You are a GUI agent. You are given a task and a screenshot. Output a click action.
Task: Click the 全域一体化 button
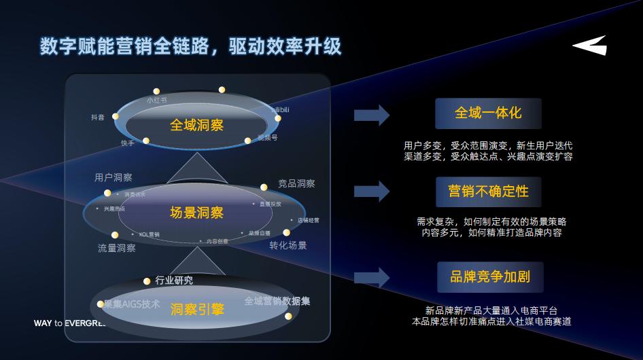(x=488, y=113)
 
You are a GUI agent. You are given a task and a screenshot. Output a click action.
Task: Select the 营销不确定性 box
(x=488, y=192)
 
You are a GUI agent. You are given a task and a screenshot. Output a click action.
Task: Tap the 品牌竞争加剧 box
(x=489, y=276)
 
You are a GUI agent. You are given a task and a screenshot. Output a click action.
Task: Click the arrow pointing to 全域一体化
(x=371, y=115)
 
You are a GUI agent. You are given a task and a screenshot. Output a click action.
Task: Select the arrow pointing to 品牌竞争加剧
(x=371, y=277)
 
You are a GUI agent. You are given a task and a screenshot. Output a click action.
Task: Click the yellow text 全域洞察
(x=196, y=125)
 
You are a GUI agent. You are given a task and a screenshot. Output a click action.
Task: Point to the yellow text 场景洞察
(x=196, y=213)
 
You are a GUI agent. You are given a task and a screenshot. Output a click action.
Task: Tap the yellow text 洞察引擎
(x=197, y=310)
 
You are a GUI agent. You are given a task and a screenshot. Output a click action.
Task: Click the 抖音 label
(x=98, y=118)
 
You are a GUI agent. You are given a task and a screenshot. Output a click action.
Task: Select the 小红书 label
(x=157, y=100)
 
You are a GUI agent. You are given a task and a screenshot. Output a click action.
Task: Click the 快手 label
(x=128, y=143)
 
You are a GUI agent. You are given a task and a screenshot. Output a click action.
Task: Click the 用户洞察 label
(x=114, y=178)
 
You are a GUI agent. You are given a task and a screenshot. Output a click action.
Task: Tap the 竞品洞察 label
(x=296, y=183)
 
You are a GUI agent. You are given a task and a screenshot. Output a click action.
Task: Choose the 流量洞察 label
(x=117, y=249)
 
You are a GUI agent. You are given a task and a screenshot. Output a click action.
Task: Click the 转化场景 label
(x=288, y=245)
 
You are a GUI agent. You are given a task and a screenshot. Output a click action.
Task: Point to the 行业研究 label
(x=174, y=280)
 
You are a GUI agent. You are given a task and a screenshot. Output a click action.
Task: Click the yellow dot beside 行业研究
(x=147, y=281)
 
